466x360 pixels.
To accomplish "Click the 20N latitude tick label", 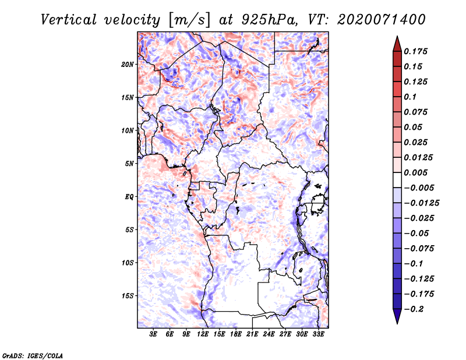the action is click(x=128, y=65).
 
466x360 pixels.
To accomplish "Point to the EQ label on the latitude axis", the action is click(x=129, y=197).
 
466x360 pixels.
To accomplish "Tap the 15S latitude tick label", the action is click(x=128, y=296).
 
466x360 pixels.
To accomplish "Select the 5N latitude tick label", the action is click(x=129, y=164).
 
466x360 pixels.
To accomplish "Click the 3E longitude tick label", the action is click(x=153, y=334).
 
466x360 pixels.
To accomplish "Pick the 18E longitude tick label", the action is click(x=236, y=334).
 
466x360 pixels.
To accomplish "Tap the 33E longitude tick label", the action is click(x=318, y=334).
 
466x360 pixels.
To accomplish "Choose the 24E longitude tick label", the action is click(x=269, y=334).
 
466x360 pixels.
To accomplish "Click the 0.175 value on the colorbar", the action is click(x=415, y=51).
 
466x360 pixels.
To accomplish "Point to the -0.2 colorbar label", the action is click(x=414, y=309).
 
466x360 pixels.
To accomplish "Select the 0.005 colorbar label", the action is click(x=415, y=172).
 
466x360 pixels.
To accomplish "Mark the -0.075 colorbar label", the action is click(x=419, y=248).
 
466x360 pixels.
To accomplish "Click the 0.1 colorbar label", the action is click(x=410, y=97).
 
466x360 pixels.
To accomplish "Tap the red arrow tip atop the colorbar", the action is click(x=397, y=37).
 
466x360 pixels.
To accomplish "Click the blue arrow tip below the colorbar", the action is click(x=397, y=323).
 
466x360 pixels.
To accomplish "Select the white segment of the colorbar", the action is click(x=397, y=180).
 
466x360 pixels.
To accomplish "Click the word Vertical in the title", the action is click(x=69, y=20).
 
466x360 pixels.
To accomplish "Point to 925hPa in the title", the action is click(x=269, y=20).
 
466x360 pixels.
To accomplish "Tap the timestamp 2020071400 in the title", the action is click(x=382, y=20).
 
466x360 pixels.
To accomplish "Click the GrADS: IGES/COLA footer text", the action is click(x=33, y=355).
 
